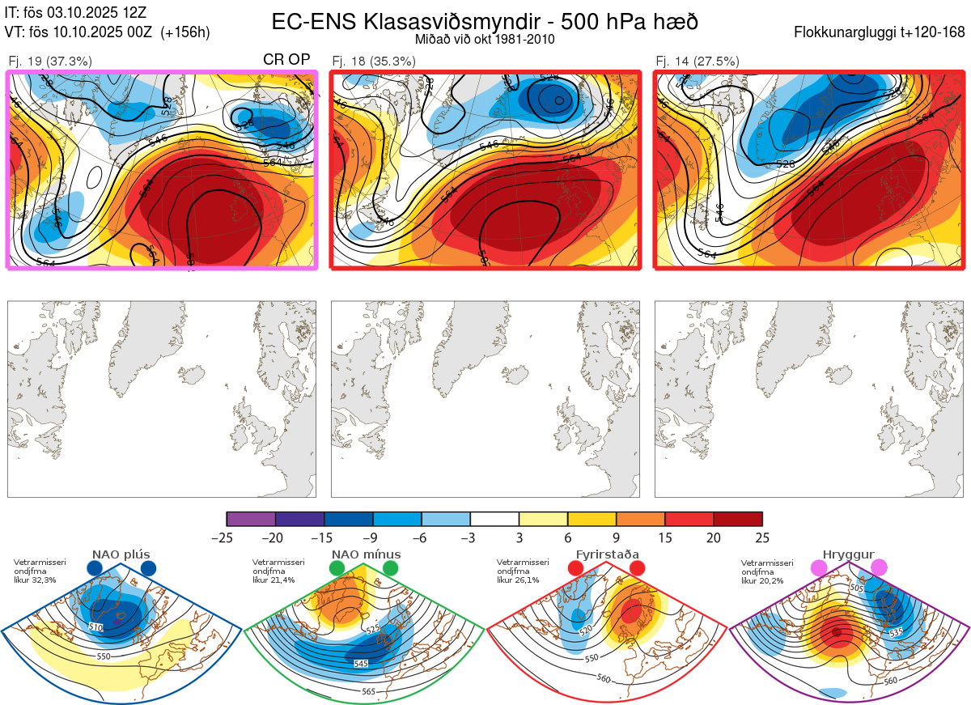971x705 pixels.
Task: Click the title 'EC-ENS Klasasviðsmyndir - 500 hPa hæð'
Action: [x=485, y=21]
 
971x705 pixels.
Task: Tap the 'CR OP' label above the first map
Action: [x=286, y=60]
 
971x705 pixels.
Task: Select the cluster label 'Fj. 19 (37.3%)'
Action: [x=50, y=61]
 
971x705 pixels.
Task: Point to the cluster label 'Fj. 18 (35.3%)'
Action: [x=374, y=61]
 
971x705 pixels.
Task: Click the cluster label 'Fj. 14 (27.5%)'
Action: [x=698, y=61]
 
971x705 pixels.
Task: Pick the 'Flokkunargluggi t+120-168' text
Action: [x=880, y=32]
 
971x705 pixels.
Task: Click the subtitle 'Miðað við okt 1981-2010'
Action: [x=485, y=40]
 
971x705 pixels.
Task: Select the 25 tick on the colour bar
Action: [x=761, y=537]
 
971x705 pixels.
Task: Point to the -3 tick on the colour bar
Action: [x=470, y=537]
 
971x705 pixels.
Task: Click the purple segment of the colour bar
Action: [x=251, y=519]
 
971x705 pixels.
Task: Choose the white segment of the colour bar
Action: [x=494, y=519]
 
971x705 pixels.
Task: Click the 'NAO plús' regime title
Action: [x=121, y=554]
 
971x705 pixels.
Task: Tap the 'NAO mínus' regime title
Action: [x=366, y=554]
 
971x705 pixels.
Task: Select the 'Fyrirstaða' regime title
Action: [x=606, y=554]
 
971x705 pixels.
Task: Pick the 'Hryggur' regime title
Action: [x=849, y=554]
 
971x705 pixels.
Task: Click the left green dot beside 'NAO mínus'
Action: [x=337, y=569]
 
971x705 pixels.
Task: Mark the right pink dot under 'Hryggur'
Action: [x=879, y=569]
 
